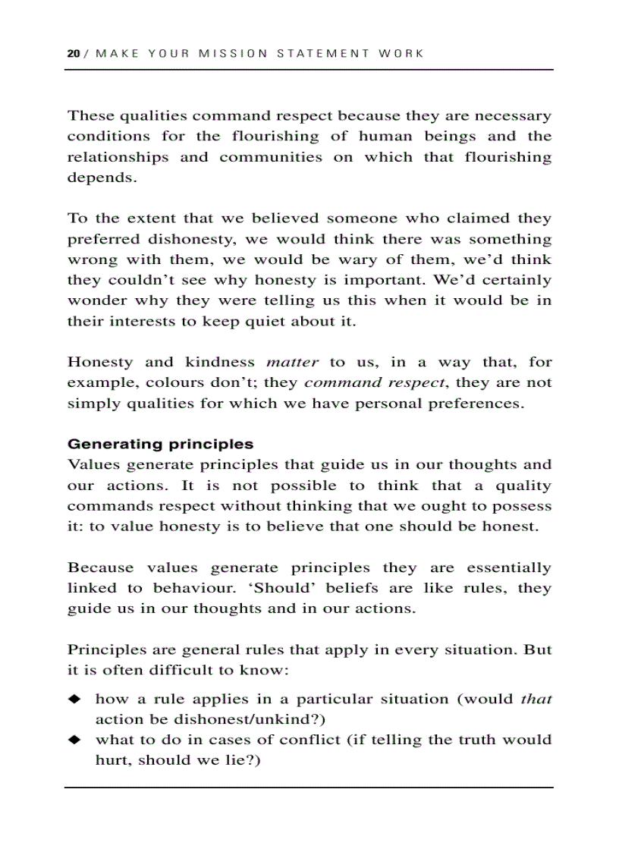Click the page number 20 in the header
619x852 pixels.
[x=73, y=54]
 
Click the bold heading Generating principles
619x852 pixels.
[x=160, y=444]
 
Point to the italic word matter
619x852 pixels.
[x=293, y=362]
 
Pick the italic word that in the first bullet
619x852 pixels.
[x=536, y=699]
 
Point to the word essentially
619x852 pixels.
[x=509, y=567]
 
